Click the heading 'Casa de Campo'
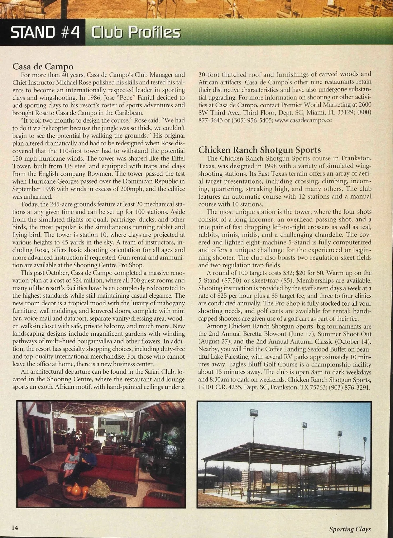click(43, 66)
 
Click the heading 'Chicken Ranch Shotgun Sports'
click(259, 150)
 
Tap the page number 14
click(15, 528)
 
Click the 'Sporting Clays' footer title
click(350, 529)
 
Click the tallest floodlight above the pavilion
click(253, 413)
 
